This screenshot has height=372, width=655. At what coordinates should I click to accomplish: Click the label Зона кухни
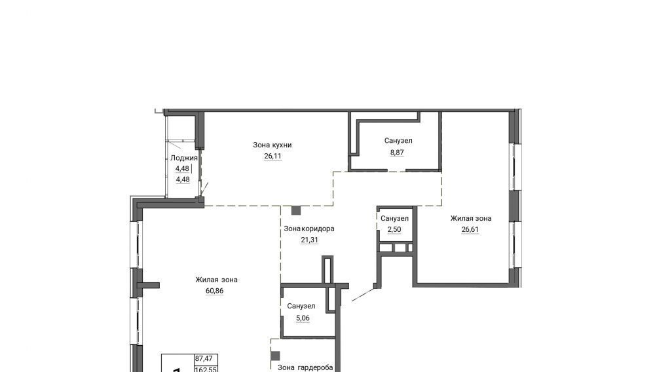tap(272, 145)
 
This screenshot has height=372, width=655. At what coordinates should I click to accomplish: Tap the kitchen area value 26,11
tap(272, 156)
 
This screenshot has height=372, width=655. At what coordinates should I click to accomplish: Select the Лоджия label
tap(184, 158)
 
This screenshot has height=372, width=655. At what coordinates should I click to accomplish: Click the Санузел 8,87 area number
tap(397, 153)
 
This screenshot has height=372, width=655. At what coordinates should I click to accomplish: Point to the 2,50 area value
tap(394, 229)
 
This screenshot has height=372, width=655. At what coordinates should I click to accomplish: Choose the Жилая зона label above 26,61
tap(471, 218)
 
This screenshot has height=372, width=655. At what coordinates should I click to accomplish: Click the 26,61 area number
tap(470, 229)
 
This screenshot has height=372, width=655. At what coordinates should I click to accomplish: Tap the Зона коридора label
tap(309, 229)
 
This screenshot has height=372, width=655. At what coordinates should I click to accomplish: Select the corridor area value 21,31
tap(309, 240)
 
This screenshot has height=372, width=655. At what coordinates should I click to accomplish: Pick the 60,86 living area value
tap(214, 291)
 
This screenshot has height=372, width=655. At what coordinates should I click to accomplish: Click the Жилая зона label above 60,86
tap(216, 280)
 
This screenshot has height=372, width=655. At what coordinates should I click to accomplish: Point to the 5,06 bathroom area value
tap(303, 318)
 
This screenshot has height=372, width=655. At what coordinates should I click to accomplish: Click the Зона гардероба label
tap(305, 367)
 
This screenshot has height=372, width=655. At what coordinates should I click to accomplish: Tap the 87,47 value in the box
tap(204, 359)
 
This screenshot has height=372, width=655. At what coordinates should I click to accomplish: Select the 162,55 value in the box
tap(206, 369)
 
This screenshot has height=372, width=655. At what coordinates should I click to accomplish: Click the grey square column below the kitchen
tap(296, 210)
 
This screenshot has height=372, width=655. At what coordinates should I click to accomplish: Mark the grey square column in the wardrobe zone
tap(275, 356)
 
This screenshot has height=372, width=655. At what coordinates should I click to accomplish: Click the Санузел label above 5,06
tap(301, 306)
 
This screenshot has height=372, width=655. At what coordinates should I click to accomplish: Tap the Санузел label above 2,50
tap(394, 218)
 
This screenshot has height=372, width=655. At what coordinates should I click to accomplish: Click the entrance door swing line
tap(364, 294)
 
